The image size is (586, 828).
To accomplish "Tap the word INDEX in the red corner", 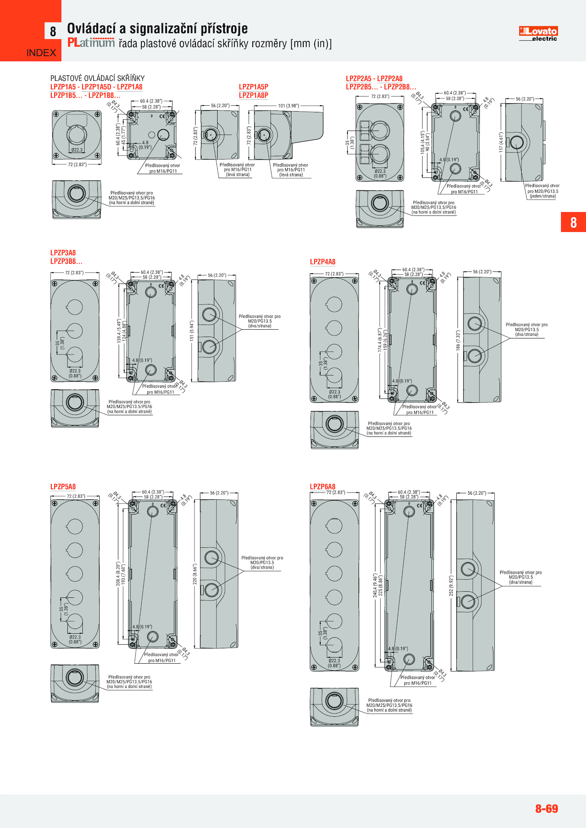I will [41, 53].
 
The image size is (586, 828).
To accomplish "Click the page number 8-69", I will [546, 808].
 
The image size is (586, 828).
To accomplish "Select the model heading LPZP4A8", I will [322, 262].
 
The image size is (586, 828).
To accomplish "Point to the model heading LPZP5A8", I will [63, 487].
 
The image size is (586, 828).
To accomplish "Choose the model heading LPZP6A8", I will [322, 487].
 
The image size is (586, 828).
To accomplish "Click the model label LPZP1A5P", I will [253, 87].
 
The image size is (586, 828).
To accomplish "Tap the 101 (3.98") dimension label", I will [288, 106].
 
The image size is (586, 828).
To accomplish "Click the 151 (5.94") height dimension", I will [192, 331].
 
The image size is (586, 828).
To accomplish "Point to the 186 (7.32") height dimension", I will [458, 341].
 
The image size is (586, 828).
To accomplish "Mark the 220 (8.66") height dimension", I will [195, 574].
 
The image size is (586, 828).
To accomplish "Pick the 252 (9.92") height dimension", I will [451, 586].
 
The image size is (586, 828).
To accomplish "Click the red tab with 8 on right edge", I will [573, 222].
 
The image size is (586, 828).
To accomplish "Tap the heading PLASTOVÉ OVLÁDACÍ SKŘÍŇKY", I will [97, 78].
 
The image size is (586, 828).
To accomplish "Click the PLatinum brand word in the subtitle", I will [91, 43].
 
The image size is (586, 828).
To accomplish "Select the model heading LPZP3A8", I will [63, 252].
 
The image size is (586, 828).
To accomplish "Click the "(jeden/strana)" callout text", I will [542, 196].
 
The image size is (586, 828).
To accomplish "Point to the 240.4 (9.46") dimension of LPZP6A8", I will [375, 585].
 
